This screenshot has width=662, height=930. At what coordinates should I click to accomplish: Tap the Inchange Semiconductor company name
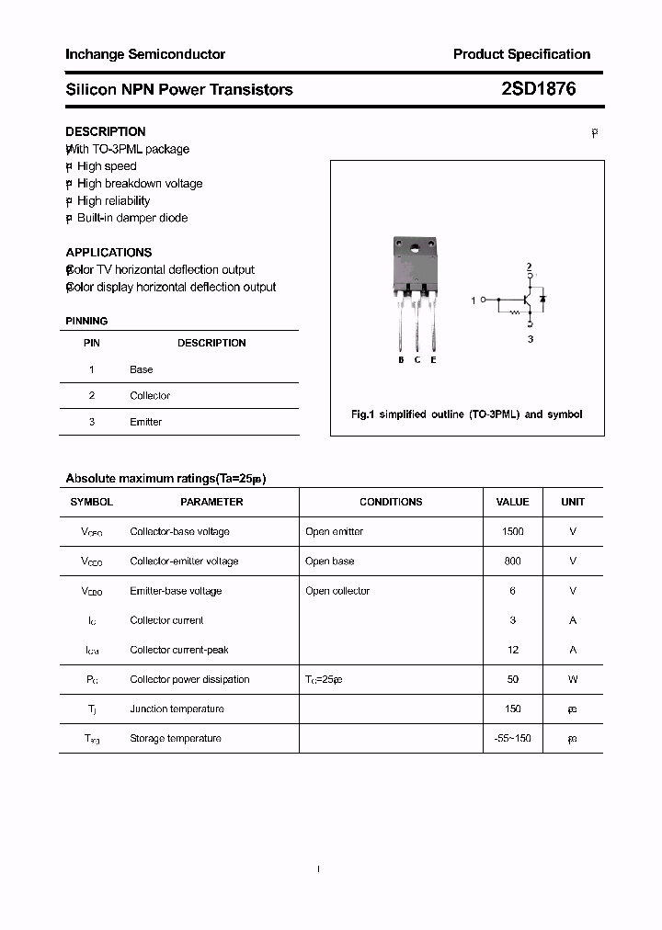[x=145, y=54]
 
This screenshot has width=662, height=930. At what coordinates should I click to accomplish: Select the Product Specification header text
[x=521, y=54]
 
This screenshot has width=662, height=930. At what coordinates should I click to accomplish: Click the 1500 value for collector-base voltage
[x=512, y=531]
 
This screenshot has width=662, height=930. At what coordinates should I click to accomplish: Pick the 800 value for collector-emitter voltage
[x=512, y=561]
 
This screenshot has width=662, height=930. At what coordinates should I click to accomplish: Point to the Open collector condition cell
[x=337, y=591]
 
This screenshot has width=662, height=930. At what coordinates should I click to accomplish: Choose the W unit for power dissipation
[x=572, y=679]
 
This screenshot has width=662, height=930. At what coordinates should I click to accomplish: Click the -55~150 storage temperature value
[x=512, y=738]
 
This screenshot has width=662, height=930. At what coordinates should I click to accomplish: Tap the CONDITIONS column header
[x=391, y=502]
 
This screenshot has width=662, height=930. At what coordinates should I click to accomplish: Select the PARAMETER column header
[x=211, y=502]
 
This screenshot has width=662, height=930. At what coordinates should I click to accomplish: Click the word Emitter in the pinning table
[x=145, y=422]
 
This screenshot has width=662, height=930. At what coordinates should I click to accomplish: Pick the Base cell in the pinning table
[x=141, y=369]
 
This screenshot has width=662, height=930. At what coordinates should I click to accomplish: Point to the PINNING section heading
[x=86, y=321]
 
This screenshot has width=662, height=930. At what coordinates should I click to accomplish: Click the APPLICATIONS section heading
[x=108, y=252]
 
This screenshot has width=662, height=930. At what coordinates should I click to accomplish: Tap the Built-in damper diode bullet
[x=131, y=218]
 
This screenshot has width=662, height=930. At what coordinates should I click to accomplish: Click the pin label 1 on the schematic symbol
[x=474, y=301]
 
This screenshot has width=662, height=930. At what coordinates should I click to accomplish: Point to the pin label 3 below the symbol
[x=530, y=339]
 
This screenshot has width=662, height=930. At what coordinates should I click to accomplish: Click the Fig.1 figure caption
[x=466, y=414]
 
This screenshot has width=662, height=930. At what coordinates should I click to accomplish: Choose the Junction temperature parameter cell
[x=177, y=709]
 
